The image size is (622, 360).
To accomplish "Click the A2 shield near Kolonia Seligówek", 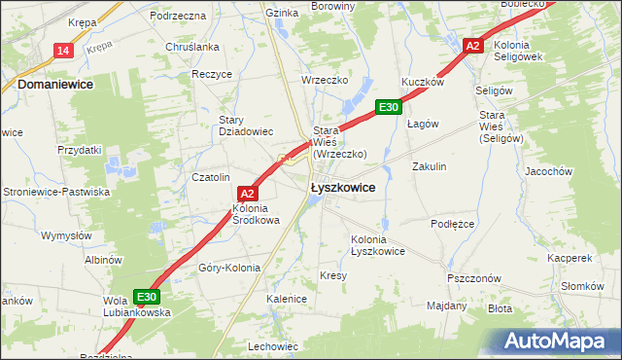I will click(472, 46).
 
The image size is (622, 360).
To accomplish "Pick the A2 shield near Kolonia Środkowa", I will click(246, 194).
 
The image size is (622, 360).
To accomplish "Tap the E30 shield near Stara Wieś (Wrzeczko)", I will click(388, 107).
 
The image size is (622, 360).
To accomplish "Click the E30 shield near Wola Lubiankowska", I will click(146, 297).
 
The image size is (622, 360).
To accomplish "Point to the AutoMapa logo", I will click(555, 342).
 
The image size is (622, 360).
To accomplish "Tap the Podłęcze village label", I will click(451, 223).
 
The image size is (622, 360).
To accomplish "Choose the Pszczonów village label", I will click(473, 277).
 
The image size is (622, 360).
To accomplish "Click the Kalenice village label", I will click(287, 299).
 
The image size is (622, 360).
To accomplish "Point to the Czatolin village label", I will click(210, 177).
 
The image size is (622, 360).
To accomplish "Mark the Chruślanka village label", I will click(192, 47).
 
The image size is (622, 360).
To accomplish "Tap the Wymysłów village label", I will click(66, 235).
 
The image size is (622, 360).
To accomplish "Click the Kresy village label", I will click(332, 275).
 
